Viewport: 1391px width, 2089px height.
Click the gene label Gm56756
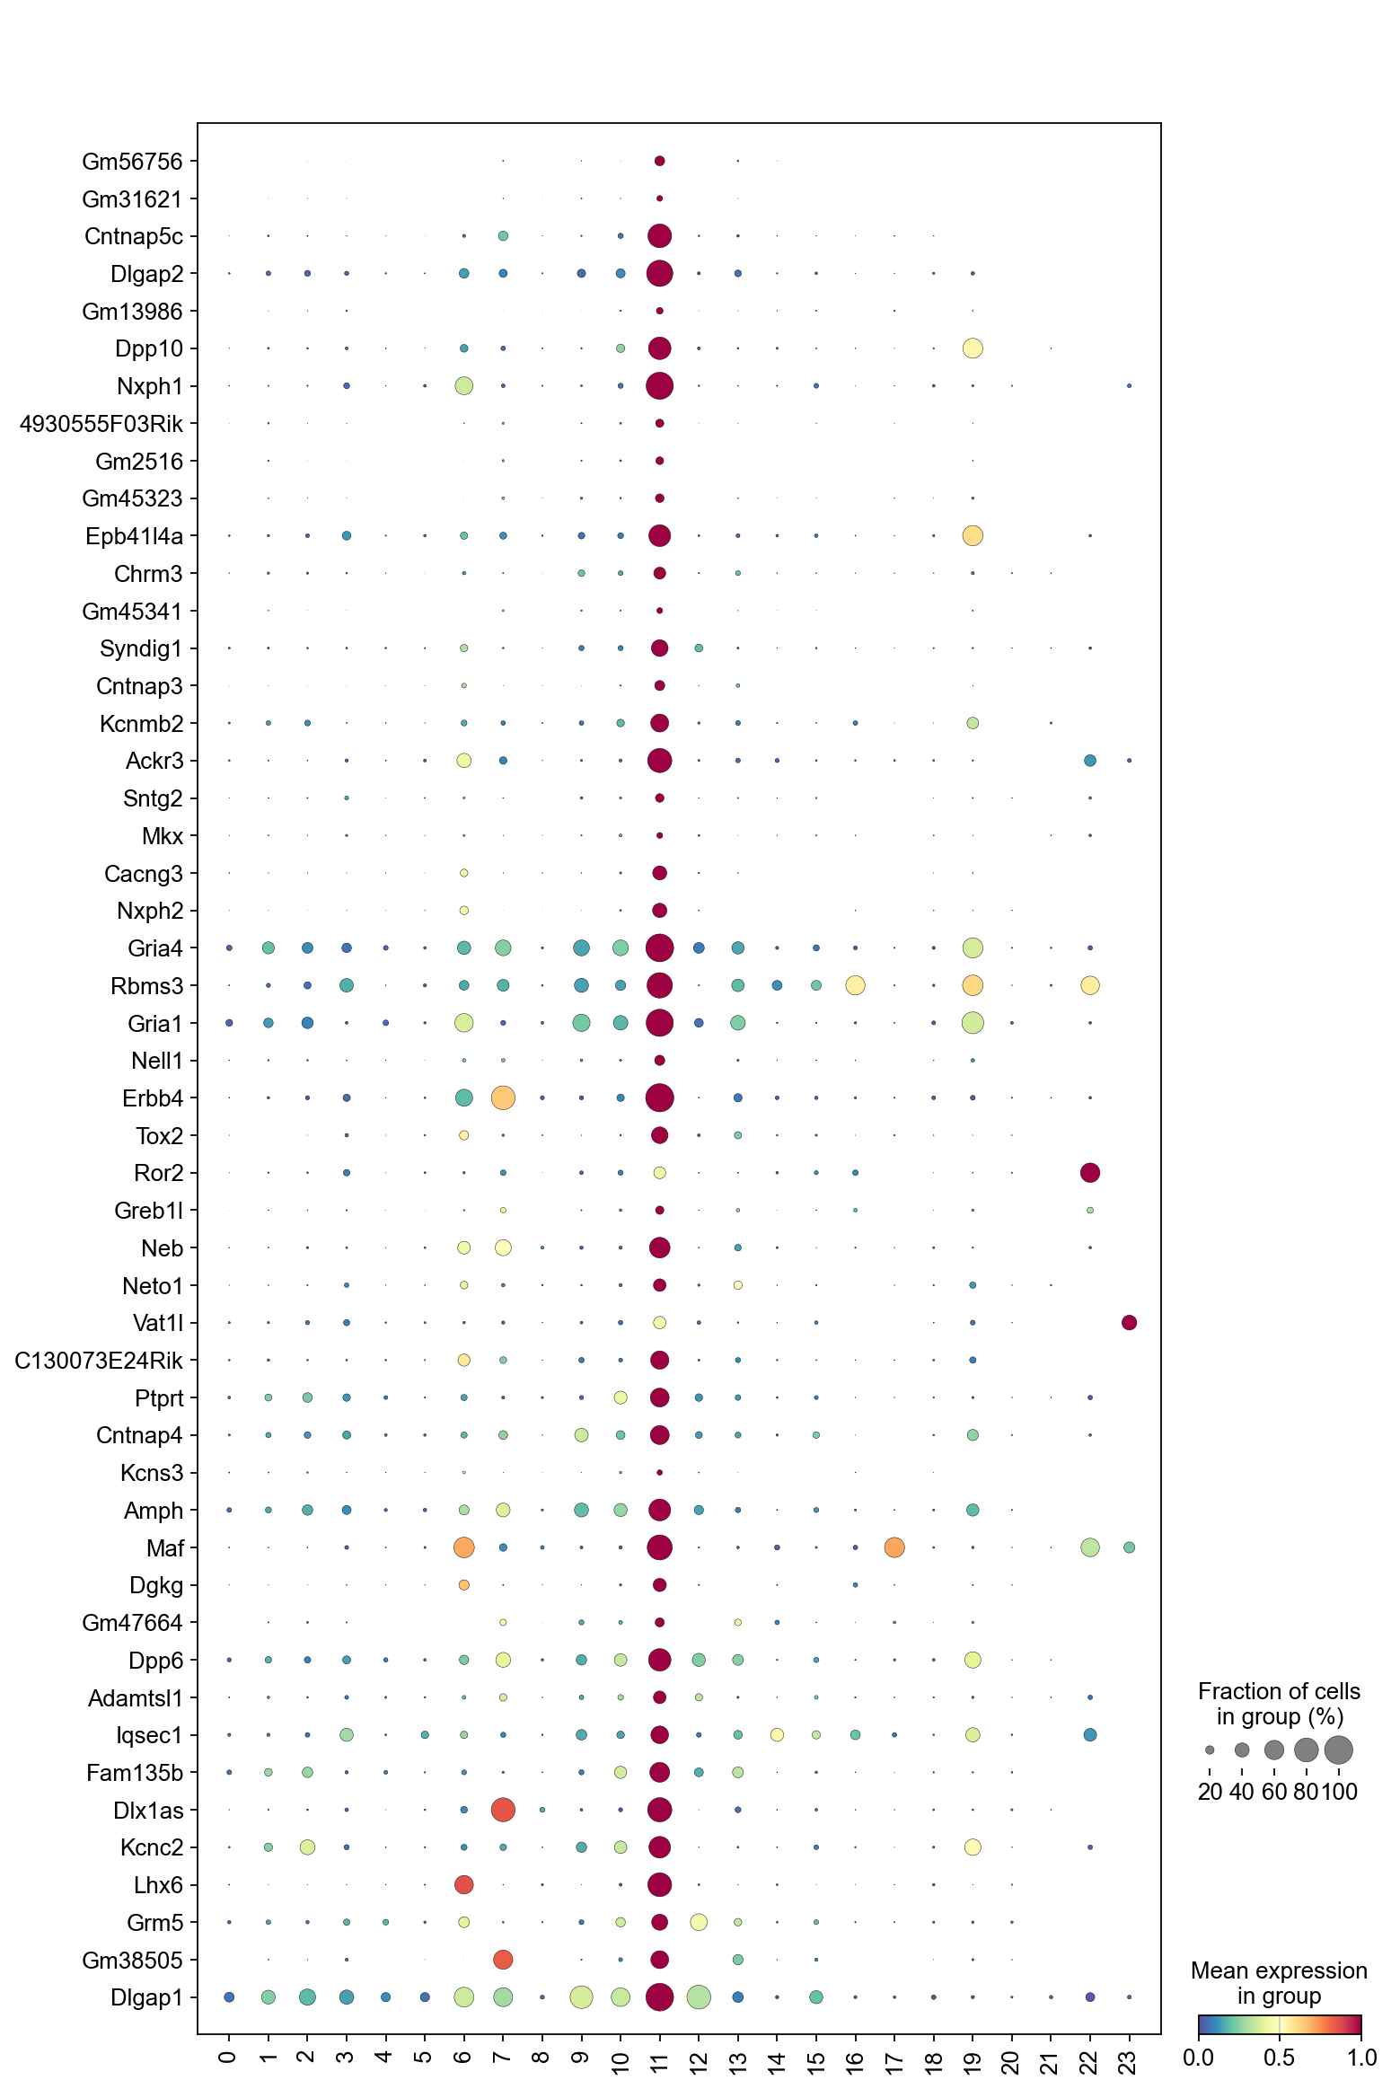click(131, 162)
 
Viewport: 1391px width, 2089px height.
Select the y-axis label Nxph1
click(149, 386)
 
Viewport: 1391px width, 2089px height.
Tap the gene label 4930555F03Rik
click(101, 424)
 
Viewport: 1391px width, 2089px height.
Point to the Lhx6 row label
click(157, 1885)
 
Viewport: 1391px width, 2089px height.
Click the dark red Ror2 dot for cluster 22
click(1090, 1173)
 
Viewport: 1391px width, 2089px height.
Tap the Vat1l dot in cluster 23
click(1130, 1323)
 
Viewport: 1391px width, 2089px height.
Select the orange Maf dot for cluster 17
click(894, 1547)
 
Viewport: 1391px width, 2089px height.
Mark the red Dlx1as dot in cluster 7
click(503, 1810)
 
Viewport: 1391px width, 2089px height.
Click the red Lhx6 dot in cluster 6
click(463, 1884)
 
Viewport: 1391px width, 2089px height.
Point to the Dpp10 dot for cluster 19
click(973, 348)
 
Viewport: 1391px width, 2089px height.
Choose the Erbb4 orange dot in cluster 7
click(503, 1097)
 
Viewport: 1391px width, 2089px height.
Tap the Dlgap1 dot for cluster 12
click(699, 1997)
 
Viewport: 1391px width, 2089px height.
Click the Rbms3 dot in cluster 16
click(855, 985)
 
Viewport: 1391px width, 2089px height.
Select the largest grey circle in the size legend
click(1338, 1750)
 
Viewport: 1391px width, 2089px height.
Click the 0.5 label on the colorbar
click(1279, 2058)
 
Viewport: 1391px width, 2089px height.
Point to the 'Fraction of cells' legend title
click(1279, 1704)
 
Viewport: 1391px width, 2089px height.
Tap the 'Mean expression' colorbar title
click(1279, 1983)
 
